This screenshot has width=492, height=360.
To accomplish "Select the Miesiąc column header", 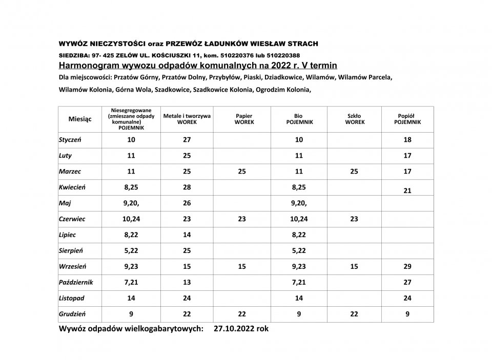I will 80,119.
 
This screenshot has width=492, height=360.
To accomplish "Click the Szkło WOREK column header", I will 354,119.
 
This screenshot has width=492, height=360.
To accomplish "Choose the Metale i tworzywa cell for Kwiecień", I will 187,187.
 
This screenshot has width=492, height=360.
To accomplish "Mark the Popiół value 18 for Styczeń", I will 407,139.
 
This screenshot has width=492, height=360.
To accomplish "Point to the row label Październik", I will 76,282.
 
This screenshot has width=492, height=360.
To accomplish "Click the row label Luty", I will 66,155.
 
